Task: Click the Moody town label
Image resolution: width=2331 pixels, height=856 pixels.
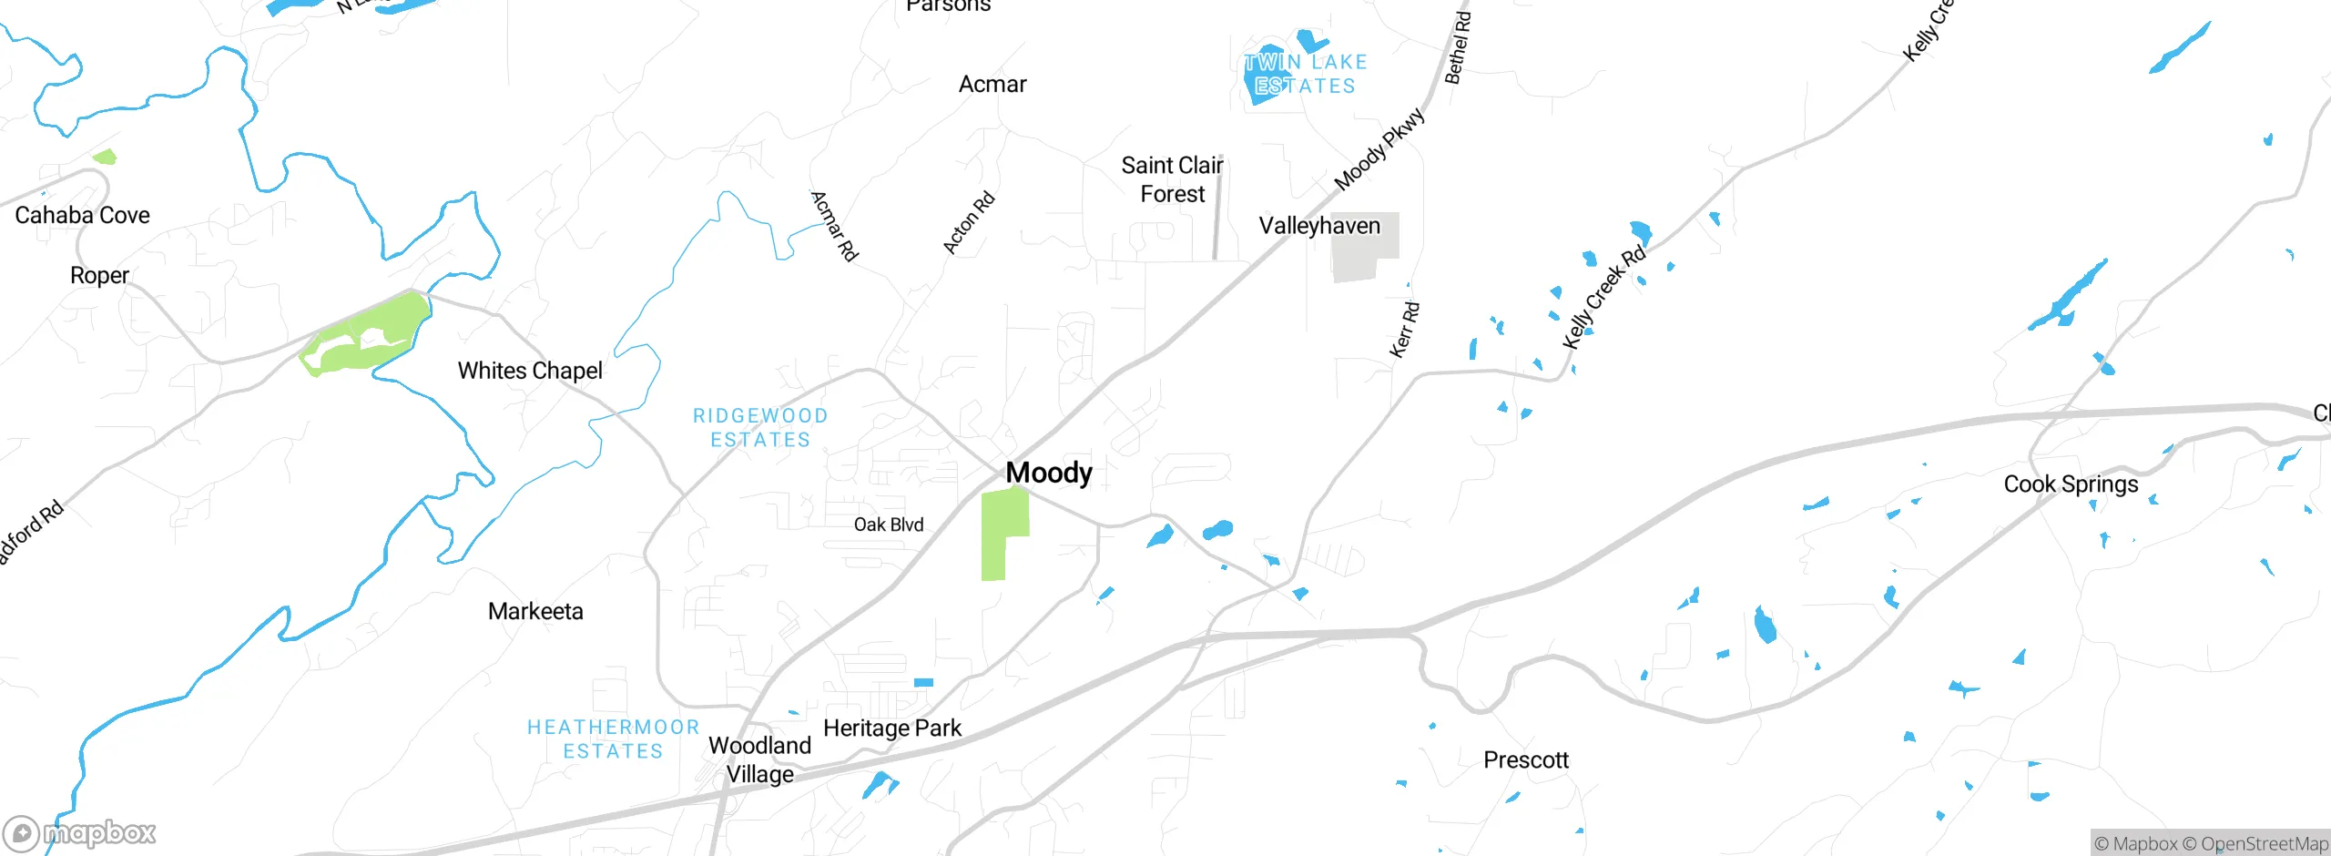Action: click(x=1049, y=473)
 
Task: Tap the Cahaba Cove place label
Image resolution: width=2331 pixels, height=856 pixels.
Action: click(x=82, y=215)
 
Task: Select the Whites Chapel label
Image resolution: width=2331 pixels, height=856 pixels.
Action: click(x=530, y=371)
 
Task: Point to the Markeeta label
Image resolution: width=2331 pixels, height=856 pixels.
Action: click(x=535, y=611)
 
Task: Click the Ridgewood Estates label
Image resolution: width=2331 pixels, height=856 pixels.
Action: click(x=760, y=428)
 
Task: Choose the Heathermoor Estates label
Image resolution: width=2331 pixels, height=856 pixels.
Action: click(x=613, y=739)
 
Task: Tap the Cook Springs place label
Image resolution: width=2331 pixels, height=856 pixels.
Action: click(x=2071, y=484)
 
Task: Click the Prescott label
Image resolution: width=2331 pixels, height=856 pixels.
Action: click(x=1526, y=759)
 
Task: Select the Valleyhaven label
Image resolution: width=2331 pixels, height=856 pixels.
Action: click(x=1319, y=226)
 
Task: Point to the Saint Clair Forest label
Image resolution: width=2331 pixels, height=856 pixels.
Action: click(x=1172, y=179)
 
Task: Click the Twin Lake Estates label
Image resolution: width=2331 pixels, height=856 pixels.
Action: click(x=1306, y=75)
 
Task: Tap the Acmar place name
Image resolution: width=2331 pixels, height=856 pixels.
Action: click(x=992, y=85)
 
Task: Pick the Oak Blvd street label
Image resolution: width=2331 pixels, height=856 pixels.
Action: click(x=889, y=525)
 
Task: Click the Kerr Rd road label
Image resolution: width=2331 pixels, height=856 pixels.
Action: click(x=1404, y=330)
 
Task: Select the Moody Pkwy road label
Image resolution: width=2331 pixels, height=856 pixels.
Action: click(x=1379, y=150)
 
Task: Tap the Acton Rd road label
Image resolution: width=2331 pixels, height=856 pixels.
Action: click(x=968, y=223)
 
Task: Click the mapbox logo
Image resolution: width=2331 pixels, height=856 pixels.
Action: click(x=80, y=833)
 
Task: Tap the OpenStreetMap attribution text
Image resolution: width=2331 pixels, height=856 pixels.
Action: click(x=2264, y=844)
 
